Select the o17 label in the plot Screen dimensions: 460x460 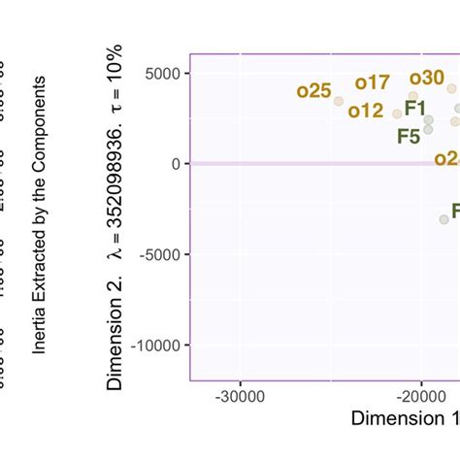[372, 82]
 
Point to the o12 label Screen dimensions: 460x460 [366, 111]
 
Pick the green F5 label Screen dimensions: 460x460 [409, 136]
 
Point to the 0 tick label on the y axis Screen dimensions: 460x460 [175, 164]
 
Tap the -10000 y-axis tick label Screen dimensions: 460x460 [154, 345]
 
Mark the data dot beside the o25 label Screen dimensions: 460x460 [339, 101]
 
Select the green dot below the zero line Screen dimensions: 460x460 [444, 219]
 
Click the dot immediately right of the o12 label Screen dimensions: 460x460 [397, 114]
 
